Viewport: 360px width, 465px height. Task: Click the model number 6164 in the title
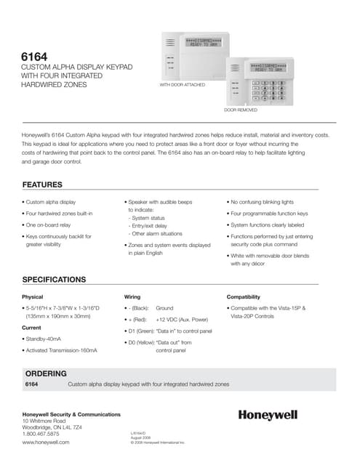[36, 55]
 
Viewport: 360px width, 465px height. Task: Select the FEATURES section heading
[47, 184]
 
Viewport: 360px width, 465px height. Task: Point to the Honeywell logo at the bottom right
[268, 415]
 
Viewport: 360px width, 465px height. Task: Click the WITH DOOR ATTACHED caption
[182, 85]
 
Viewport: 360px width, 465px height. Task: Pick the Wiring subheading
[132, 297]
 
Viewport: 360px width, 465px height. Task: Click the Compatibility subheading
[243, 297]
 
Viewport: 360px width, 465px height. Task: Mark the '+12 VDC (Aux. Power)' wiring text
[180, 319]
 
